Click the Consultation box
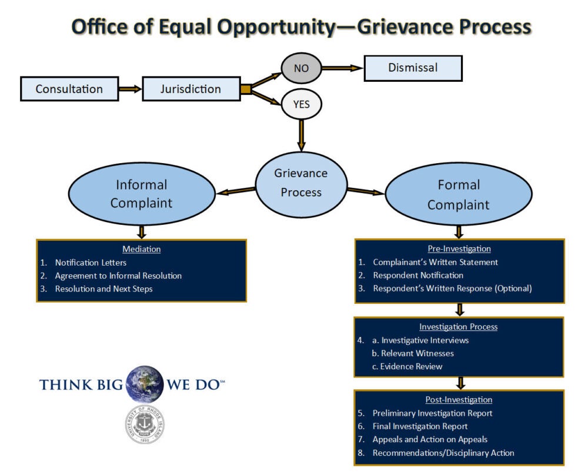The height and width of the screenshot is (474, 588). click(69, 89)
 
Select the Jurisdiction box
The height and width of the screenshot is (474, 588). click(191, 89)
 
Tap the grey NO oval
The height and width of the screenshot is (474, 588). click(301, 68)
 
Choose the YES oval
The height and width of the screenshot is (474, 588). click(301, 105)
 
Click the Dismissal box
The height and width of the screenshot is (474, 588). click(413, 68)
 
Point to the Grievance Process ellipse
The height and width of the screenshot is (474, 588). click(301, 183)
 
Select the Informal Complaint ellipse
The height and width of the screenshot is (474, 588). click(141, 194)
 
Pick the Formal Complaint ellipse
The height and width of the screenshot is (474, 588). click(458, 194)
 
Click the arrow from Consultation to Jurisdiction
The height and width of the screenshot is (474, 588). click(129, 90)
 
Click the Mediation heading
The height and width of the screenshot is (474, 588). click(141, 249)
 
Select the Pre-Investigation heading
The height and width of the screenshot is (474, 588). click(459, 248)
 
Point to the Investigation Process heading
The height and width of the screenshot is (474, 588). click(458, 327)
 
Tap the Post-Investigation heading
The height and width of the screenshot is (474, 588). click(459, 400)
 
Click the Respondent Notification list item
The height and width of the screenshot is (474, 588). click(418, 275)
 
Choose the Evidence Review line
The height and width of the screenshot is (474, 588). click(407, 366)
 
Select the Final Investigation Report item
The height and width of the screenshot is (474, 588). click(420, 426)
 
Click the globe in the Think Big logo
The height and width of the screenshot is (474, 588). click(144, 384)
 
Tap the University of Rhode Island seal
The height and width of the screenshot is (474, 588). click(144, 425)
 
